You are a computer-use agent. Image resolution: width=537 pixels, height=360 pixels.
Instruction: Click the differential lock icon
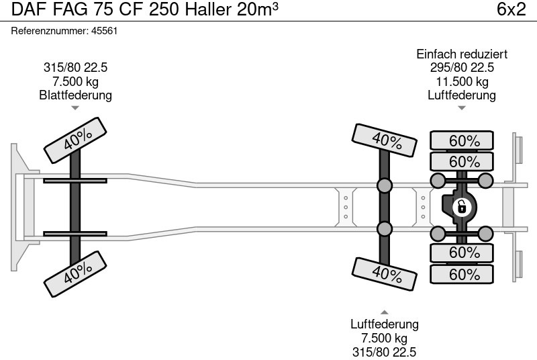461,207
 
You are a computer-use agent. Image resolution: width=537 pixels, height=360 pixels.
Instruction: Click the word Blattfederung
76,95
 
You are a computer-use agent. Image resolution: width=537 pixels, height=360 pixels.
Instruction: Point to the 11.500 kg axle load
462,81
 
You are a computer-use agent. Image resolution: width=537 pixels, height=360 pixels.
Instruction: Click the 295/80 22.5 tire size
462,68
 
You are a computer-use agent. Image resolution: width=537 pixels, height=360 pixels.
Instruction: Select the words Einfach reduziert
462,54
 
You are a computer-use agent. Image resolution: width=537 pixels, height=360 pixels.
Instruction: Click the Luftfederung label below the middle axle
385,324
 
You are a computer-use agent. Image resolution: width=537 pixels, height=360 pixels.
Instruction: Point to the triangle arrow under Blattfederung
75,107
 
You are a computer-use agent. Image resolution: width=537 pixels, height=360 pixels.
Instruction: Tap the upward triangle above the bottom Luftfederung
385,312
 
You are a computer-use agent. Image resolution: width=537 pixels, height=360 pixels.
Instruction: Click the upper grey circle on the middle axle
385,185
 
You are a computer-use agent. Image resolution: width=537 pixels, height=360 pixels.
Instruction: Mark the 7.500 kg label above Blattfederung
76,81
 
